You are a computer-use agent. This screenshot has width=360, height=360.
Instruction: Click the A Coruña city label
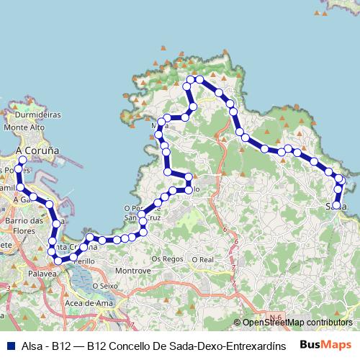37,150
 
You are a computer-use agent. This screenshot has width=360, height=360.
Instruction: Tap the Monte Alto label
25,127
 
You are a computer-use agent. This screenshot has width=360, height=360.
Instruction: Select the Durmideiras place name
38,114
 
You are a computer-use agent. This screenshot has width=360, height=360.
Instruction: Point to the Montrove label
132,271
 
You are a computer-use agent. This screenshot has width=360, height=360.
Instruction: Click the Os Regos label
167,258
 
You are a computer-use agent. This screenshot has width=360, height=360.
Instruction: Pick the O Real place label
202,258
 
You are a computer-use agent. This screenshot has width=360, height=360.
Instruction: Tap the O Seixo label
104,285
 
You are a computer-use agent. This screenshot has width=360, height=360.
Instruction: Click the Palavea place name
42,274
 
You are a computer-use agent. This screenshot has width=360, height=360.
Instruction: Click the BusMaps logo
325,345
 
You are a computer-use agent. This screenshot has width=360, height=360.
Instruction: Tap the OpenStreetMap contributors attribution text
297,323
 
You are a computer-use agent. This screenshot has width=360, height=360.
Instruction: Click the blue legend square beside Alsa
9,346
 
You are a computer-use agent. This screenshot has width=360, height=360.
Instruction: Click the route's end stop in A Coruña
22,160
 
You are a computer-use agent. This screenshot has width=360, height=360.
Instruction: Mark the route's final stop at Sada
336,205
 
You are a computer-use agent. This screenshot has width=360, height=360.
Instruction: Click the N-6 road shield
273,317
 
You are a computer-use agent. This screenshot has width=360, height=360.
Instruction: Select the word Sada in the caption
172,346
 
